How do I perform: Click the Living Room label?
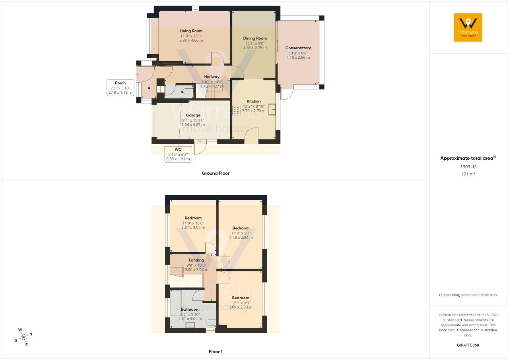click(191, 31)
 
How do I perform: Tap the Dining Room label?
click(255, 39)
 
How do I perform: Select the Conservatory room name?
click(298, 48)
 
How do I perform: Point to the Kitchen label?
click(254, 101)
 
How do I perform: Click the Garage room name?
click(193, 115)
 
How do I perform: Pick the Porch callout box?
click(120, 88)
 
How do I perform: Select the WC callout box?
click(178, 154)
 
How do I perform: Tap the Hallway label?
click(212, 77)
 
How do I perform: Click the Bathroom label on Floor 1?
click(190, 310)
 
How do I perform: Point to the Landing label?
click(196, 260)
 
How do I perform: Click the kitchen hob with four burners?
click(236, 110)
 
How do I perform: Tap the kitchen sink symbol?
click(272, 109)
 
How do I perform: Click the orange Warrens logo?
click(468, 27)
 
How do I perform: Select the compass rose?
click(23, 337)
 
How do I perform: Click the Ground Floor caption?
click(216, 173)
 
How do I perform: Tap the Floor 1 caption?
click(216, 352)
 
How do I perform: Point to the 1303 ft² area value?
click(468, 166)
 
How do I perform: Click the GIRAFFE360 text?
click(468, 345)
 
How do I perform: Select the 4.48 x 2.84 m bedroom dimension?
click(241, 238)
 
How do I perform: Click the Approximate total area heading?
click(468, 158)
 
